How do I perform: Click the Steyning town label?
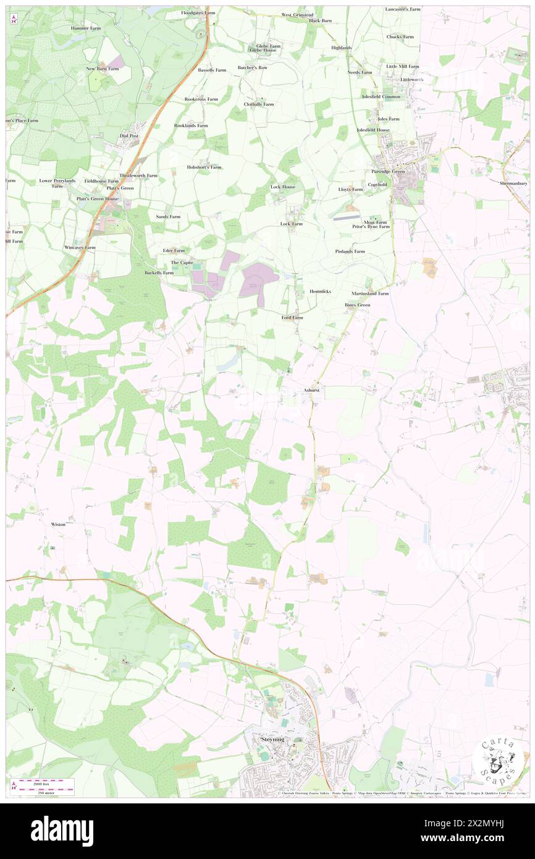point(272,739)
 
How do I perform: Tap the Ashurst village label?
point(312,391)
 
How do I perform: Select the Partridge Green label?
point(388,172)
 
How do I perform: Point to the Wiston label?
point(58,523)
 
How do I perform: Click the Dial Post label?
point(129,135)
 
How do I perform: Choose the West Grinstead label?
point(297,14)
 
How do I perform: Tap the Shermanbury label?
point(514,184)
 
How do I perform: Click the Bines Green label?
point(358,305)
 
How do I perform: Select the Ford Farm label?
point(292,318)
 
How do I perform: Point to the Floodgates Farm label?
point(198,12)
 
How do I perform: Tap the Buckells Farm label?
point(159,273)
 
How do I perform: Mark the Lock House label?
point(283,187)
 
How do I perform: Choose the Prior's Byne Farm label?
point(371,227)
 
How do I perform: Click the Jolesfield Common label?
point(381,96)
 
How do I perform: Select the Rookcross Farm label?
point(201,99)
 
